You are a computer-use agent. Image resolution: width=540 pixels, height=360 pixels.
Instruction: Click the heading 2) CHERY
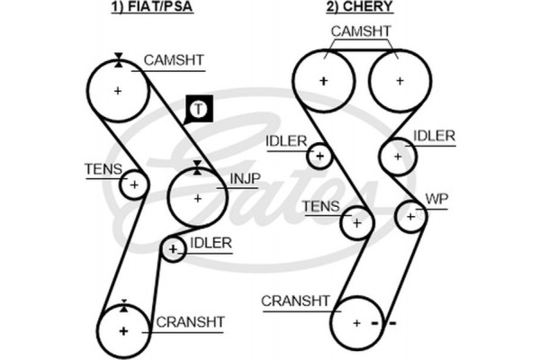click(358, 10)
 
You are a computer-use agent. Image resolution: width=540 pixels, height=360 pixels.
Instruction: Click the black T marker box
click(198, 110)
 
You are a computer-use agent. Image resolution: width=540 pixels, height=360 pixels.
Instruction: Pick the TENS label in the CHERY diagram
click(321, 207)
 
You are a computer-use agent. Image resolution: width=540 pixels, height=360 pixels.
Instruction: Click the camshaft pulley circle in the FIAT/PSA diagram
click(118, 91)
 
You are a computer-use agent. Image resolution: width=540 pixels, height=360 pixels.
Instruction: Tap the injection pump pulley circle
click(197, 196)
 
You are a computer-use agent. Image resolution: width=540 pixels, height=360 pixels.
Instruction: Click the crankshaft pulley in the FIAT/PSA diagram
click(122, 331)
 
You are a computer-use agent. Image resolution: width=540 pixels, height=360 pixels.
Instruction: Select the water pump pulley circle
click(410, 215)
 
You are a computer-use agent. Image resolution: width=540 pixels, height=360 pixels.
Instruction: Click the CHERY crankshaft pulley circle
click(357, 322)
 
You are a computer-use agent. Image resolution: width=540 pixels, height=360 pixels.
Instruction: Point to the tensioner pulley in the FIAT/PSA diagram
click(133, 184)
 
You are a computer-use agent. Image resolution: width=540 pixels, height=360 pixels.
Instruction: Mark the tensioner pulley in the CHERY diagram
click(356, 221)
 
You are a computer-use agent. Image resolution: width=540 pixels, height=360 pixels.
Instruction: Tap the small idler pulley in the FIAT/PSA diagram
click(173, 248)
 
